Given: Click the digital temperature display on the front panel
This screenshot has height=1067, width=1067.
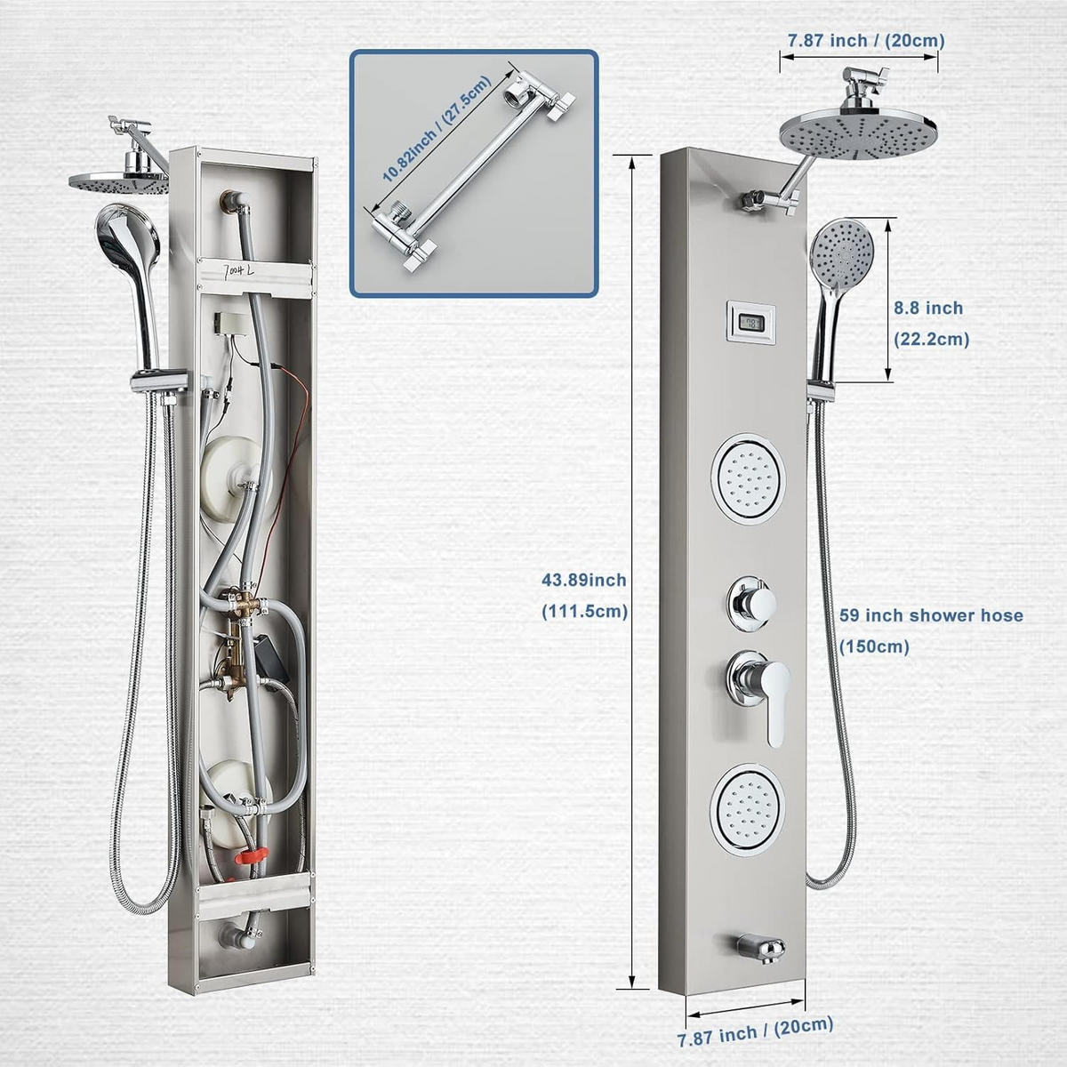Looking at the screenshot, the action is pos(750,323).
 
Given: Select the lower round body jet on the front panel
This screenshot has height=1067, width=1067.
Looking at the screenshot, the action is pos(748,809).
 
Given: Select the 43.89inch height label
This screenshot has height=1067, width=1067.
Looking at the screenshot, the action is pos(583,580).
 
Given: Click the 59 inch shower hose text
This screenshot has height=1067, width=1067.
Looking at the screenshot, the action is pos(931,615).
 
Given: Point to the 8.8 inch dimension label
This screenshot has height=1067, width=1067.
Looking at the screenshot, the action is pos(928,308).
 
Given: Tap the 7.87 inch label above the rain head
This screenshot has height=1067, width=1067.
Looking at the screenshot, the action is pos(866,40).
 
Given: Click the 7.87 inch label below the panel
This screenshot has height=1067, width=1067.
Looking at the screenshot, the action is pos(755,1032).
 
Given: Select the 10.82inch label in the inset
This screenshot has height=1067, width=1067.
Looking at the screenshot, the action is pos(437,129).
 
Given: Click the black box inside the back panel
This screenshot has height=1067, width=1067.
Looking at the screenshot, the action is pos(271,659).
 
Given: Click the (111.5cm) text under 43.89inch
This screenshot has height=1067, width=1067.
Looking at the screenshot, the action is pos(584,611).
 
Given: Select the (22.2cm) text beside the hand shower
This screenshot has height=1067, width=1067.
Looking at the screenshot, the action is pos(931,339).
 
